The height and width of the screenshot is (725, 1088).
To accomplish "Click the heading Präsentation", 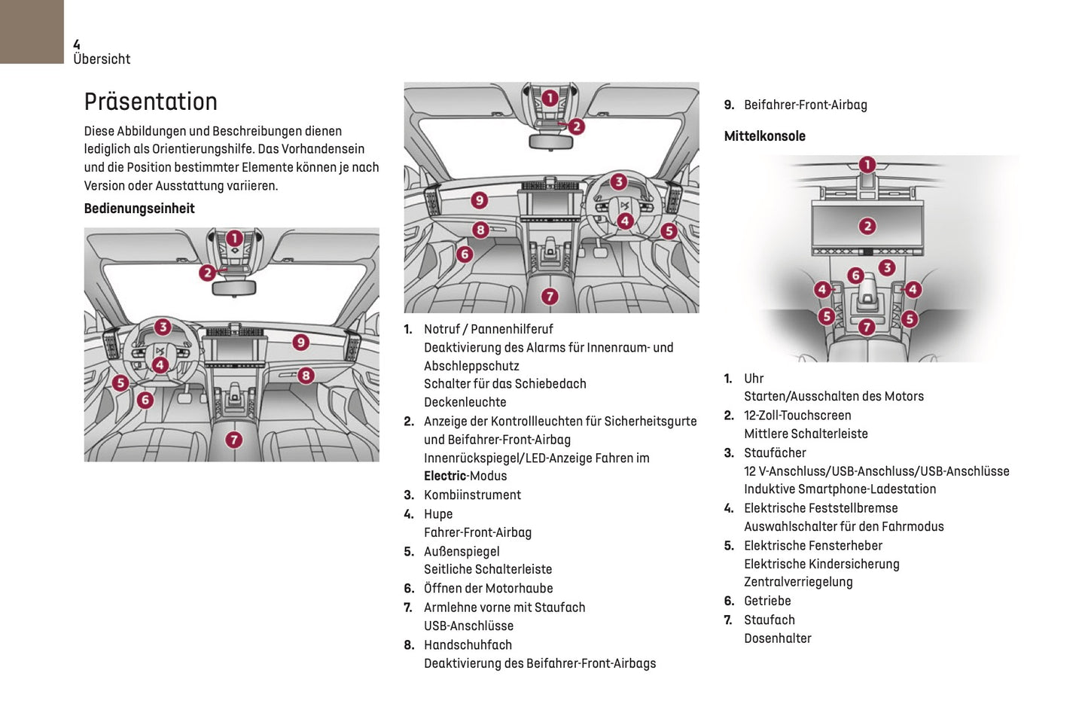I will (x=151, y=102).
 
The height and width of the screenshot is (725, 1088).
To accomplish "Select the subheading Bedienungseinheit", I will (x=139, y=209).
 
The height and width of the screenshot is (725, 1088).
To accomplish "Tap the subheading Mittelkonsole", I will (x=764, y=136).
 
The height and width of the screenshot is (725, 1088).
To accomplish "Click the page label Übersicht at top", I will (x=102, y=59).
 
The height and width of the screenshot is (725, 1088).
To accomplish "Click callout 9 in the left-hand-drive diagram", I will (x=300, y=343).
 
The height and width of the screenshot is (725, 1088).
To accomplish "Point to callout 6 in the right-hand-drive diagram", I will (x=465, y=254).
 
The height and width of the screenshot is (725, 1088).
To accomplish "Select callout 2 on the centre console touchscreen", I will (x=867, y=226).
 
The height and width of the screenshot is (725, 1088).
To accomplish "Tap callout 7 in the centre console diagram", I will (x=867, y=327).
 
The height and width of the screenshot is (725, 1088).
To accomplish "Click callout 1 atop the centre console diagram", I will (x=867, y=165).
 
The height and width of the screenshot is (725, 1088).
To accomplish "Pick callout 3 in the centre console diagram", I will (x=887, y=267).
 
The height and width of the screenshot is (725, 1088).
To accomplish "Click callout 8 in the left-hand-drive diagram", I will (x=305, y=375).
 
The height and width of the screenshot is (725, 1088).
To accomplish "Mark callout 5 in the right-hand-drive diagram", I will (x=669, y=231).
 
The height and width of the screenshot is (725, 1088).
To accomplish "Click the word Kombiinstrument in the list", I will (x=472, y=495).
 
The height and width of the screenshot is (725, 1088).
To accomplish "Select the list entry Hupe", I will (x=438, y=513).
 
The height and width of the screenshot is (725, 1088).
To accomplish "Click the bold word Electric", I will (x=445, y=476).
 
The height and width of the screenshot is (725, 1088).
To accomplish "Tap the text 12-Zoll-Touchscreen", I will (x=797, y=415).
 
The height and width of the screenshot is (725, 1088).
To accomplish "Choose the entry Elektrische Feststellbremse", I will (x=821, y=508).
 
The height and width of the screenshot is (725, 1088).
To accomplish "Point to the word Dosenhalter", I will (x=778, y=638).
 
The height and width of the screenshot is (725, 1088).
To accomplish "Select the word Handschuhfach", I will (x=468, y=644).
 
